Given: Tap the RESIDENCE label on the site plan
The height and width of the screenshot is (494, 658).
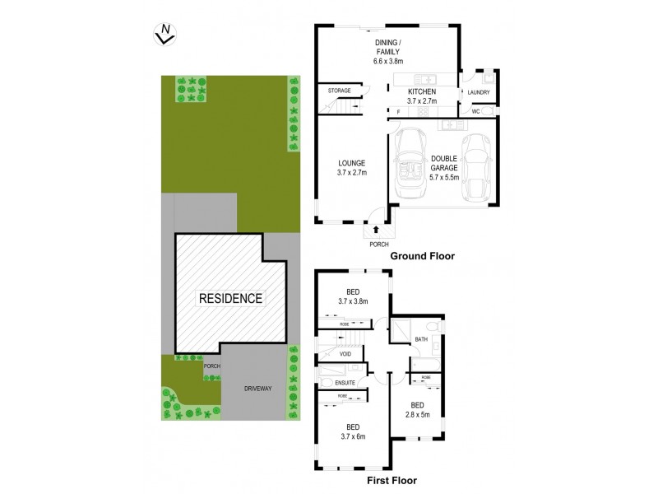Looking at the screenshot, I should pos(229,298).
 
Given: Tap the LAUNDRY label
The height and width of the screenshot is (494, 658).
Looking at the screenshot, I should pos(479,92).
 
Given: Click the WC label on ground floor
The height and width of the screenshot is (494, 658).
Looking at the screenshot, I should pos(475,111).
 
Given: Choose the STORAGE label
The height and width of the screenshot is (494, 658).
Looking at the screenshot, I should pos(340,91).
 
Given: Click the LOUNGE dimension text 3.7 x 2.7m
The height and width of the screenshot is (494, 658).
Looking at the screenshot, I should pos(350,174).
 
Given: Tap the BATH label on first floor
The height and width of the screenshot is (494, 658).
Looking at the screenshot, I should pos(421,339).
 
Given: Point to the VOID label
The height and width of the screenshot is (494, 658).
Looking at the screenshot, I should pos(345,354).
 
